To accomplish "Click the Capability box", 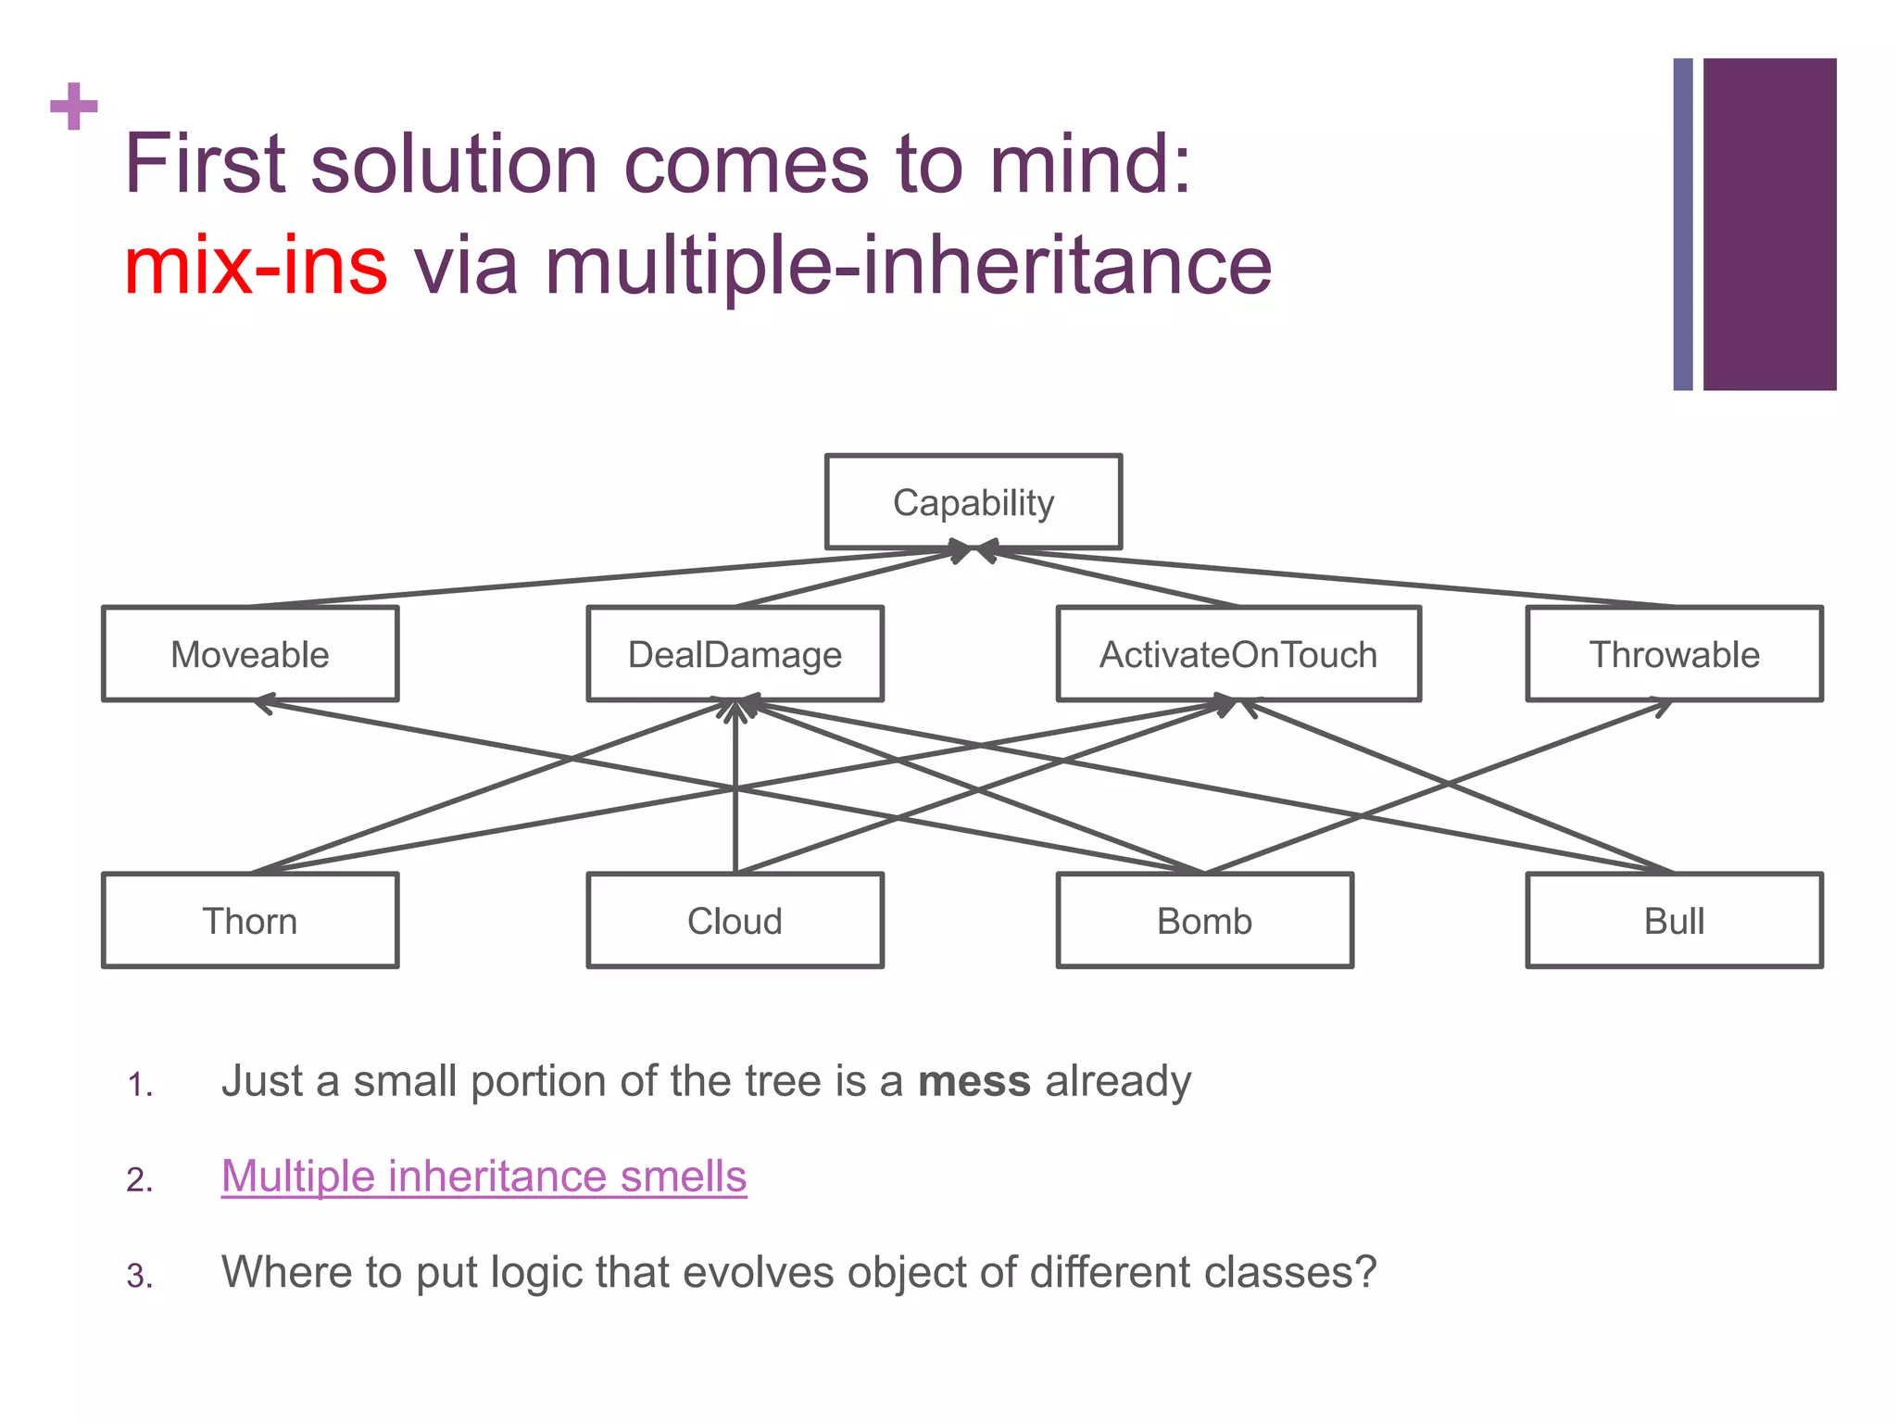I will tap(973, 502).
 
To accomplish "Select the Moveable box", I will tap(250, 654).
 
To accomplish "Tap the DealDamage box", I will tap(735, 654).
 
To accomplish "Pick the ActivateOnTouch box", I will tap(1238, 654).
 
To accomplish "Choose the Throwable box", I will tap(1674, 654).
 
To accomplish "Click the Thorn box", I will tap(250, 921).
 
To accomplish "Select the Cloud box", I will tap(735, 921).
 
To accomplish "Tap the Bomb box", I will tap(1204, 921).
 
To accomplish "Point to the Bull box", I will tap(1674, 921).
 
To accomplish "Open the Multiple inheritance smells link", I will tap(484, 1177).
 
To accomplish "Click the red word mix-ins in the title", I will tap(256, 266).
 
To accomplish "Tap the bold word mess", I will tap(974, 1081).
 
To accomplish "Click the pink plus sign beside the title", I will tap(74, 107).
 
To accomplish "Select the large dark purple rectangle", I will tap(1769, 224).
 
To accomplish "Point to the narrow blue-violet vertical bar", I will tap(1683, 224).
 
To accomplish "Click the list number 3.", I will tap(139, 1277).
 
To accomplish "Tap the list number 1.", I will tap(139, 1085).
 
